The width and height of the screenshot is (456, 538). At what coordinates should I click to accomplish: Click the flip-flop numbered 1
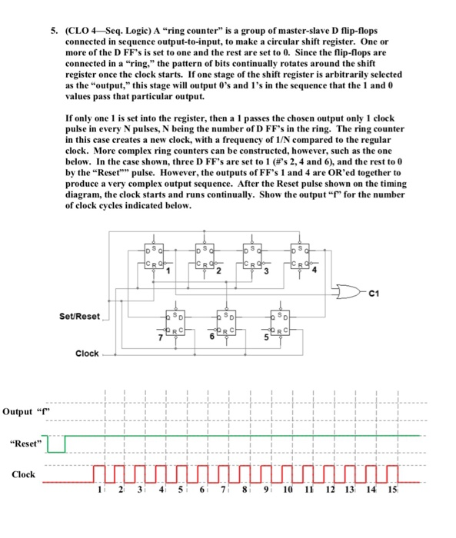(156, 256)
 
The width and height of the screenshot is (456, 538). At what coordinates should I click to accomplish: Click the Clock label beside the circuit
(87, 354)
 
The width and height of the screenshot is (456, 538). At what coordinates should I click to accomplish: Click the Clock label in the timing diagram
(23, 474)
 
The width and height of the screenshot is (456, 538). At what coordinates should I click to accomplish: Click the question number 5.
(55, 32)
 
